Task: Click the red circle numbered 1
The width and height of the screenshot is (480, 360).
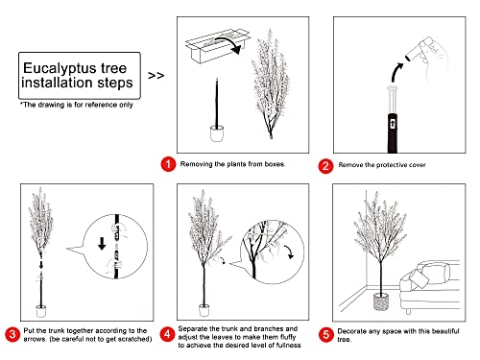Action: (168, 164)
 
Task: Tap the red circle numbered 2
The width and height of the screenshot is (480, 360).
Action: (325, 166)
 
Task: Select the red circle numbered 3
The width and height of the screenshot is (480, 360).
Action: (12, 334)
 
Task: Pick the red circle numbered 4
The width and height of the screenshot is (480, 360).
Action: (167, 334)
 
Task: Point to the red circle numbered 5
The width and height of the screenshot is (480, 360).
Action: (326, 335)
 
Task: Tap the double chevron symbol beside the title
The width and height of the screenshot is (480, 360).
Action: (156, 76)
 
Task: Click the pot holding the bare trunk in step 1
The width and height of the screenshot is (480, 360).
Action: (217, 133)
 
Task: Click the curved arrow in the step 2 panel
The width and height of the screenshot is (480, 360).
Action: (396, 72)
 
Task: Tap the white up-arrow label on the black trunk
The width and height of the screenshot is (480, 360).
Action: (393, 124)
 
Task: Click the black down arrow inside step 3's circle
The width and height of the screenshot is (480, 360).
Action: (102, 243)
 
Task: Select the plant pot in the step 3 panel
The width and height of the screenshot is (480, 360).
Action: (41, 311)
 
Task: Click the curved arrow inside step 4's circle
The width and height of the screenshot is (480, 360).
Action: (290, 252)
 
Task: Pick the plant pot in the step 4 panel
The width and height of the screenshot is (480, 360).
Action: (204, 310)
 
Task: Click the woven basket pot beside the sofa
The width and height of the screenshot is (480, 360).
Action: (381, 301)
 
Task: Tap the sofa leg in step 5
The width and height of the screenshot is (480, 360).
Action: (408, 311)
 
